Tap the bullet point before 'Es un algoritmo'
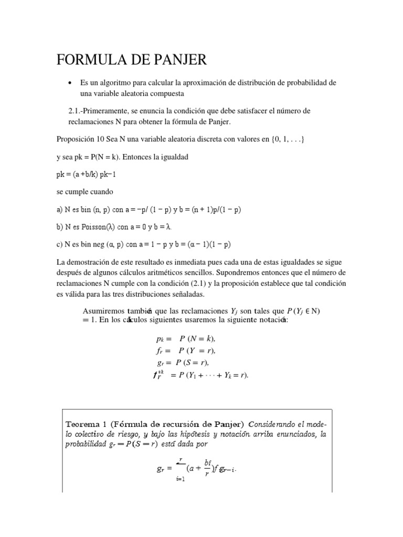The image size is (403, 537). click(x=69, y=83)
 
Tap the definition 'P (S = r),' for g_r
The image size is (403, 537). click(x=192, y=362)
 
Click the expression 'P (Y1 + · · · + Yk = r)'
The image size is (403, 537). click(x=213, y=375)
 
